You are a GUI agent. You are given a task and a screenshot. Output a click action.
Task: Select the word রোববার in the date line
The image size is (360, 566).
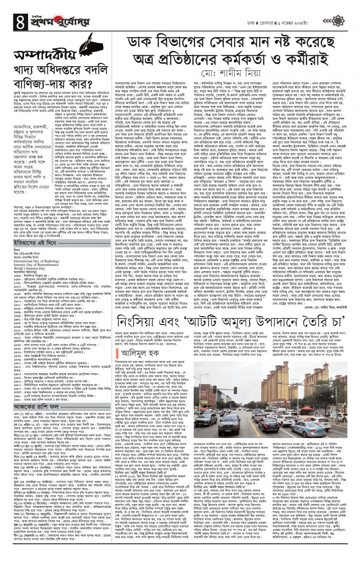[x=290, y=9]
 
